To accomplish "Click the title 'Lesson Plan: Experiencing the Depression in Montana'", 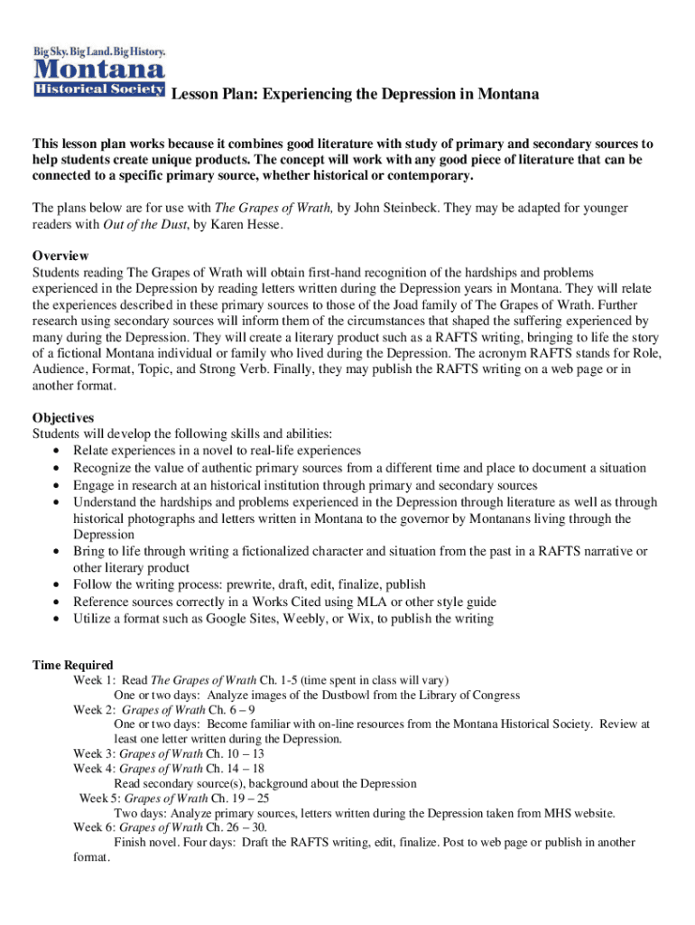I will click(355, 94).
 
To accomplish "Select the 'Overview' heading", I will click(60, 255).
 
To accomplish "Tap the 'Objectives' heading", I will click(63, 417).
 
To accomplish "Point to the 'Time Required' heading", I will click(73, 665).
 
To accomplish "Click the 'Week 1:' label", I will click(94, 679).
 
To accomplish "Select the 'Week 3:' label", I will click(94, 753).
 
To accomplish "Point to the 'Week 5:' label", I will click(99, 799).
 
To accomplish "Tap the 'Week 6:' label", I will click(94, 827).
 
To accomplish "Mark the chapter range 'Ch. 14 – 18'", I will click(235, 769).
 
